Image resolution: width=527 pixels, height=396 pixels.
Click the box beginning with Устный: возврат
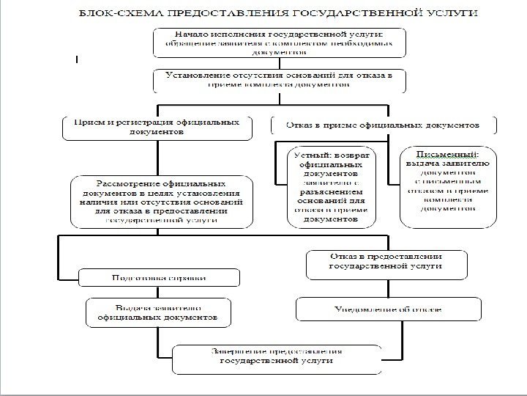point(327,188)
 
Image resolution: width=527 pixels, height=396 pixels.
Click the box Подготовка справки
point(159,278)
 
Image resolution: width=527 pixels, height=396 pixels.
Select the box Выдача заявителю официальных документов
point(160,313)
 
